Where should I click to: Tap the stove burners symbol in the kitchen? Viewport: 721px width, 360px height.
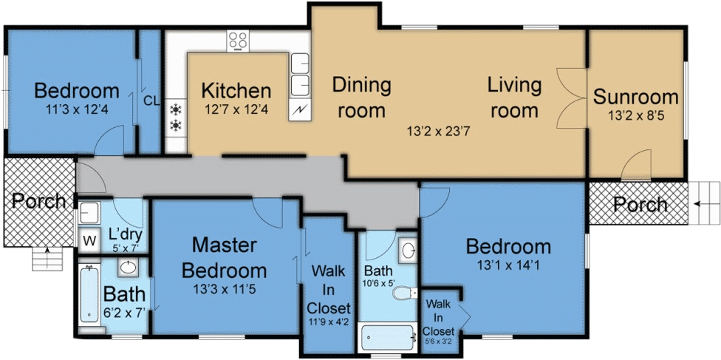click(238, 41)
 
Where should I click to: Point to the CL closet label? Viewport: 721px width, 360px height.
click(151, 101)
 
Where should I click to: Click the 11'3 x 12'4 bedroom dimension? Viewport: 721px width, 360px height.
click(77, 110)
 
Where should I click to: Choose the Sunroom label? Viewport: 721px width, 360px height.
click(636, 97)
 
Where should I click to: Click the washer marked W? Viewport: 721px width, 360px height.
click(89, 240)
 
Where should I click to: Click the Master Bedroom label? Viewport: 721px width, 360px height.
click(224, 257)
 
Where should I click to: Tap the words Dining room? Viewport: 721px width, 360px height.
click(360, 98)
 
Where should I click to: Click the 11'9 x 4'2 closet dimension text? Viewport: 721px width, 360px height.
click(330, 322)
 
